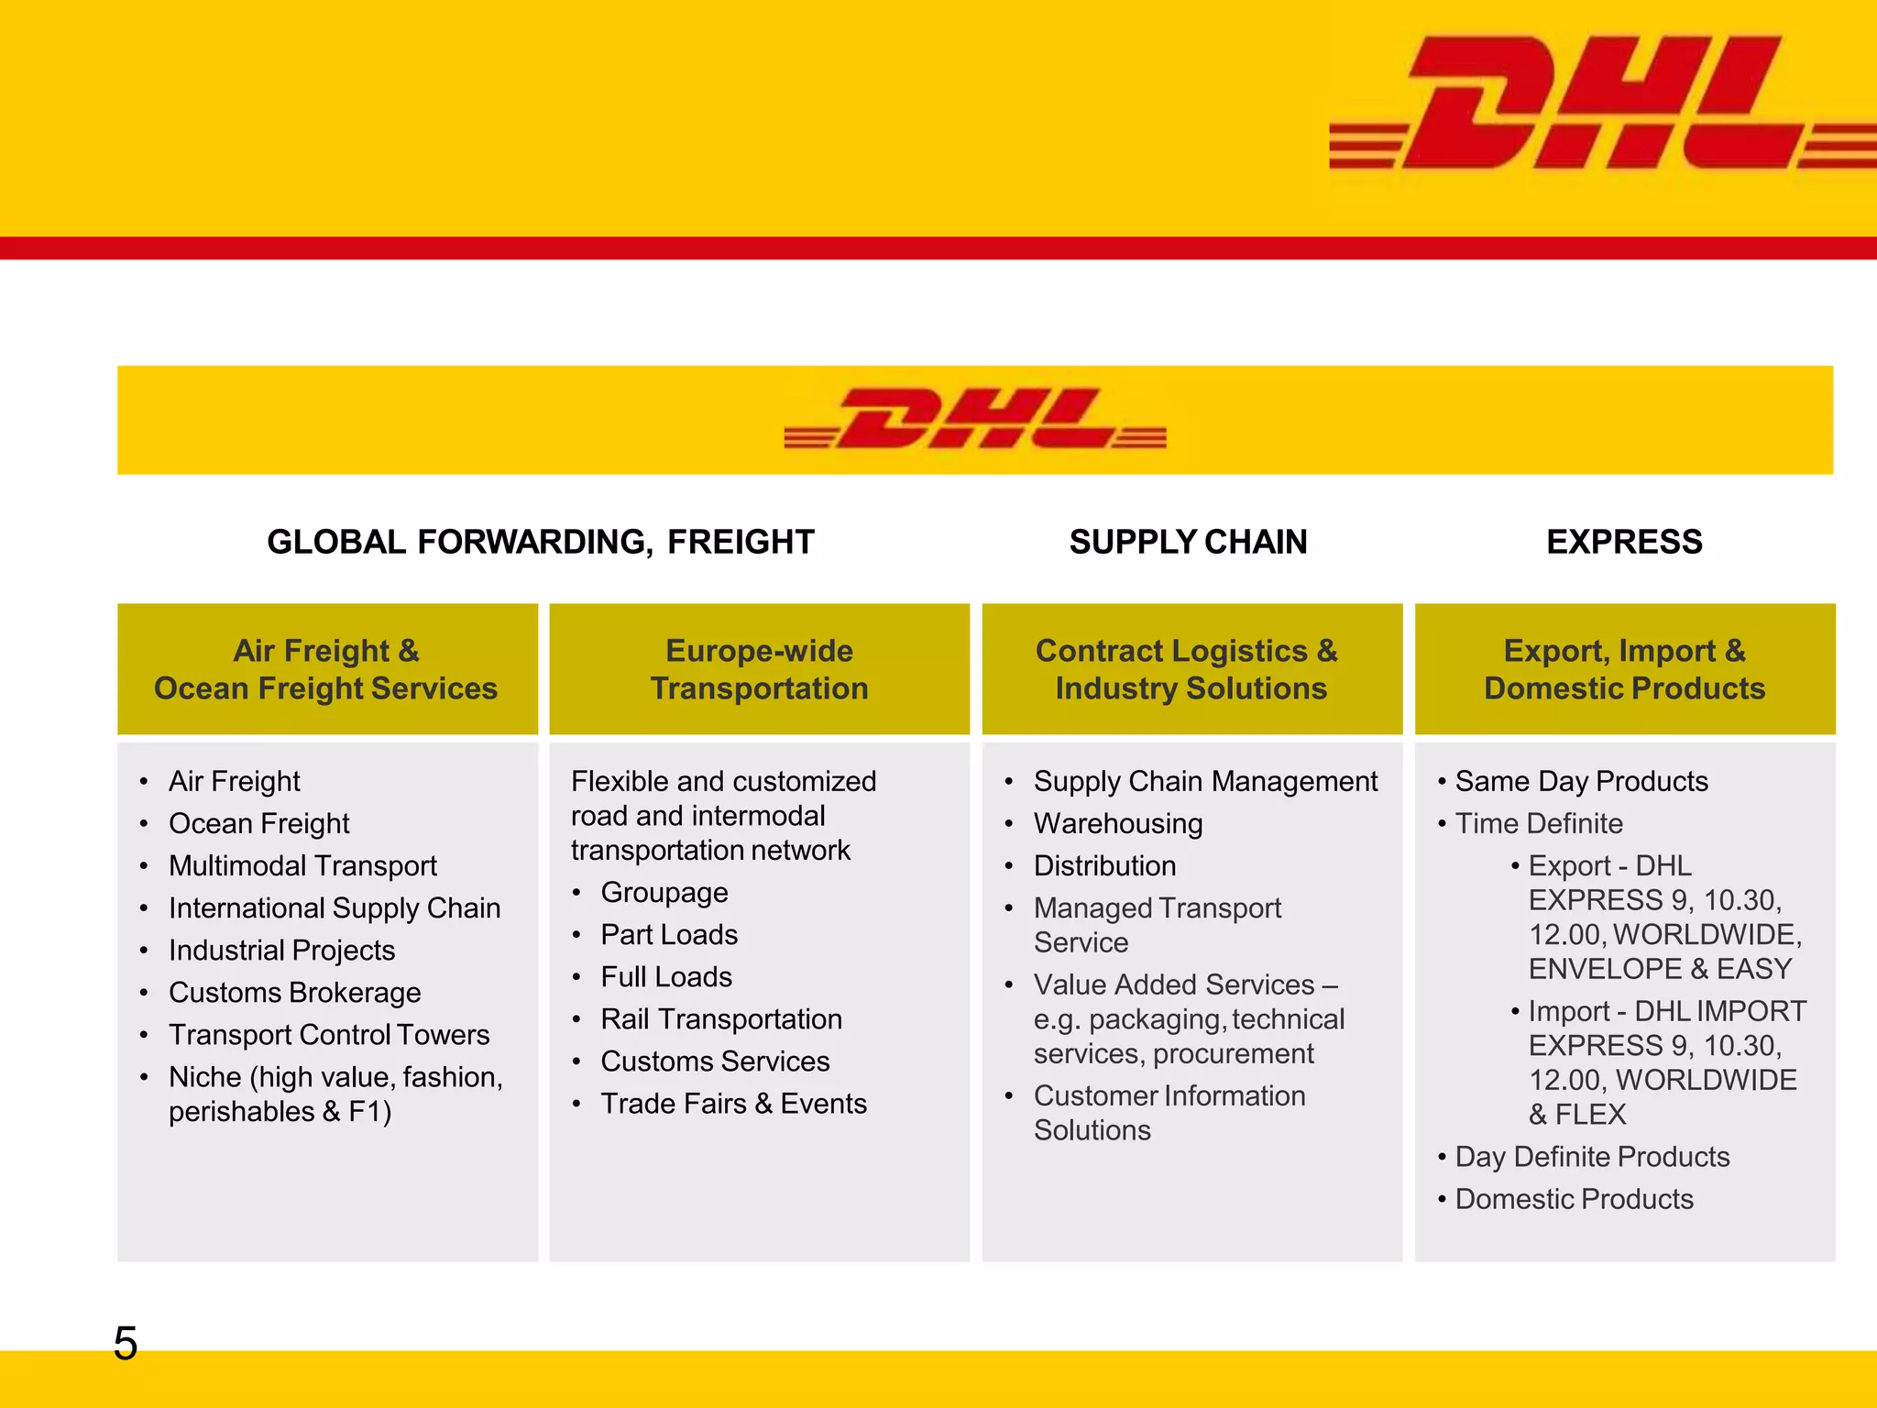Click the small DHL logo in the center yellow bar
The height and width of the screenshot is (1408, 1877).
point(975,419)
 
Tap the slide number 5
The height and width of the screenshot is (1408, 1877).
point(126,1344)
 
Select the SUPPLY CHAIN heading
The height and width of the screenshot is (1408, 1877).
point(1188,542)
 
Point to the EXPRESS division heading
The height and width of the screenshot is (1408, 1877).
point(1624,542)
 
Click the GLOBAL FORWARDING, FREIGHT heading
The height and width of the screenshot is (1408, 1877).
point(541,542)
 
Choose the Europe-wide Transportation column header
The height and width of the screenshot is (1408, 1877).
point(759,669)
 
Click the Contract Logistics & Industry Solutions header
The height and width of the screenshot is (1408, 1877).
point(1191,669)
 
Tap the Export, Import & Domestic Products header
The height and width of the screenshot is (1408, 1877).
point(1624,669)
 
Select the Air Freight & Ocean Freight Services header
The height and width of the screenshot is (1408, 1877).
point(326,669)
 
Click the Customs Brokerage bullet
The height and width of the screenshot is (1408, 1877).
point(294,993)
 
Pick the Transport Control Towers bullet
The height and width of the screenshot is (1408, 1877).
point(329,1035)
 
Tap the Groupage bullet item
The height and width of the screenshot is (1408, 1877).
point(664,893)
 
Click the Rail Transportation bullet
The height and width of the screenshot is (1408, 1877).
point(721,1019)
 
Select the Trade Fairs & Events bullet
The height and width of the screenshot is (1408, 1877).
point(733,1104)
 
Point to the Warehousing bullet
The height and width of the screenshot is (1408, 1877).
point(1118,824)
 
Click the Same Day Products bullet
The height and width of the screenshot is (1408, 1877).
point(1581,782)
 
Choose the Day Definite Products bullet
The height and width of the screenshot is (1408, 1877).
point(1592,1157)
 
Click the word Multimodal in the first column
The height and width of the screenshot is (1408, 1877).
point(233,866)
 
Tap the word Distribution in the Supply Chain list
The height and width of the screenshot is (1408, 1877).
point(1104,866)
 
